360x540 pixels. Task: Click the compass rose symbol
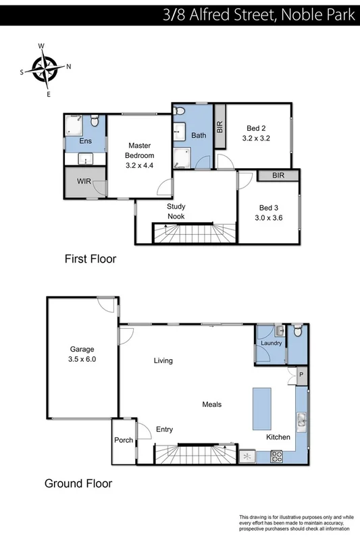46,69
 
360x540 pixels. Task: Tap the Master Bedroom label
140,151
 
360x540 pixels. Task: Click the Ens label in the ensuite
85,141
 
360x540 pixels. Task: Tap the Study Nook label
176,211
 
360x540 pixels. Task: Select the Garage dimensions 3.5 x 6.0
83,359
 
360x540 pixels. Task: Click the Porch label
124,441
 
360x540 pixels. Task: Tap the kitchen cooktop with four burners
276,456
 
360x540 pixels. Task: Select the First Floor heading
91,259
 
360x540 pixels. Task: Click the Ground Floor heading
78,483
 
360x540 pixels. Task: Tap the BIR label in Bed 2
219,126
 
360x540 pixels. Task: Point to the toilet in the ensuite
95,122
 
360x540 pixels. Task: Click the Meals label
212,404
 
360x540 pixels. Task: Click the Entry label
165,429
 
